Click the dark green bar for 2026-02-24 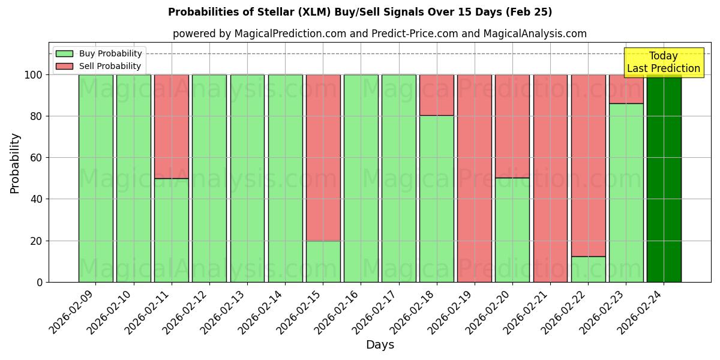click(664, 178)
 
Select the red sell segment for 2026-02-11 click(172, 126)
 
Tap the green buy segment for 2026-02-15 click(323, 261)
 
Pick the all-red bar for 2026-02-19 click(475, 178)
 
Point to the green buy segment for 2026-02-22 click(588, 269)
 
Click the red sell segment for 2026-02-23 click(626, 89)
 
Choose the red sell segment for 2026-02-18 click(437, 95)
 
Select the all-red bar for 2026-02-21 click(550, 178)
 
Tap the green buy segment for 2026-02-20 click(512, 230)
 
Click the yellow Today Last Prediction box click(663, 62)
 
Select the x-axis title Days click(380, 345)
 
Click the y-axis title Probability click(15, 163)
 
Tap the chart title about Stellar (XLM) click(360, 12)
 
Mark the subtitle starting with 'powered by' click(379, 34)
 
